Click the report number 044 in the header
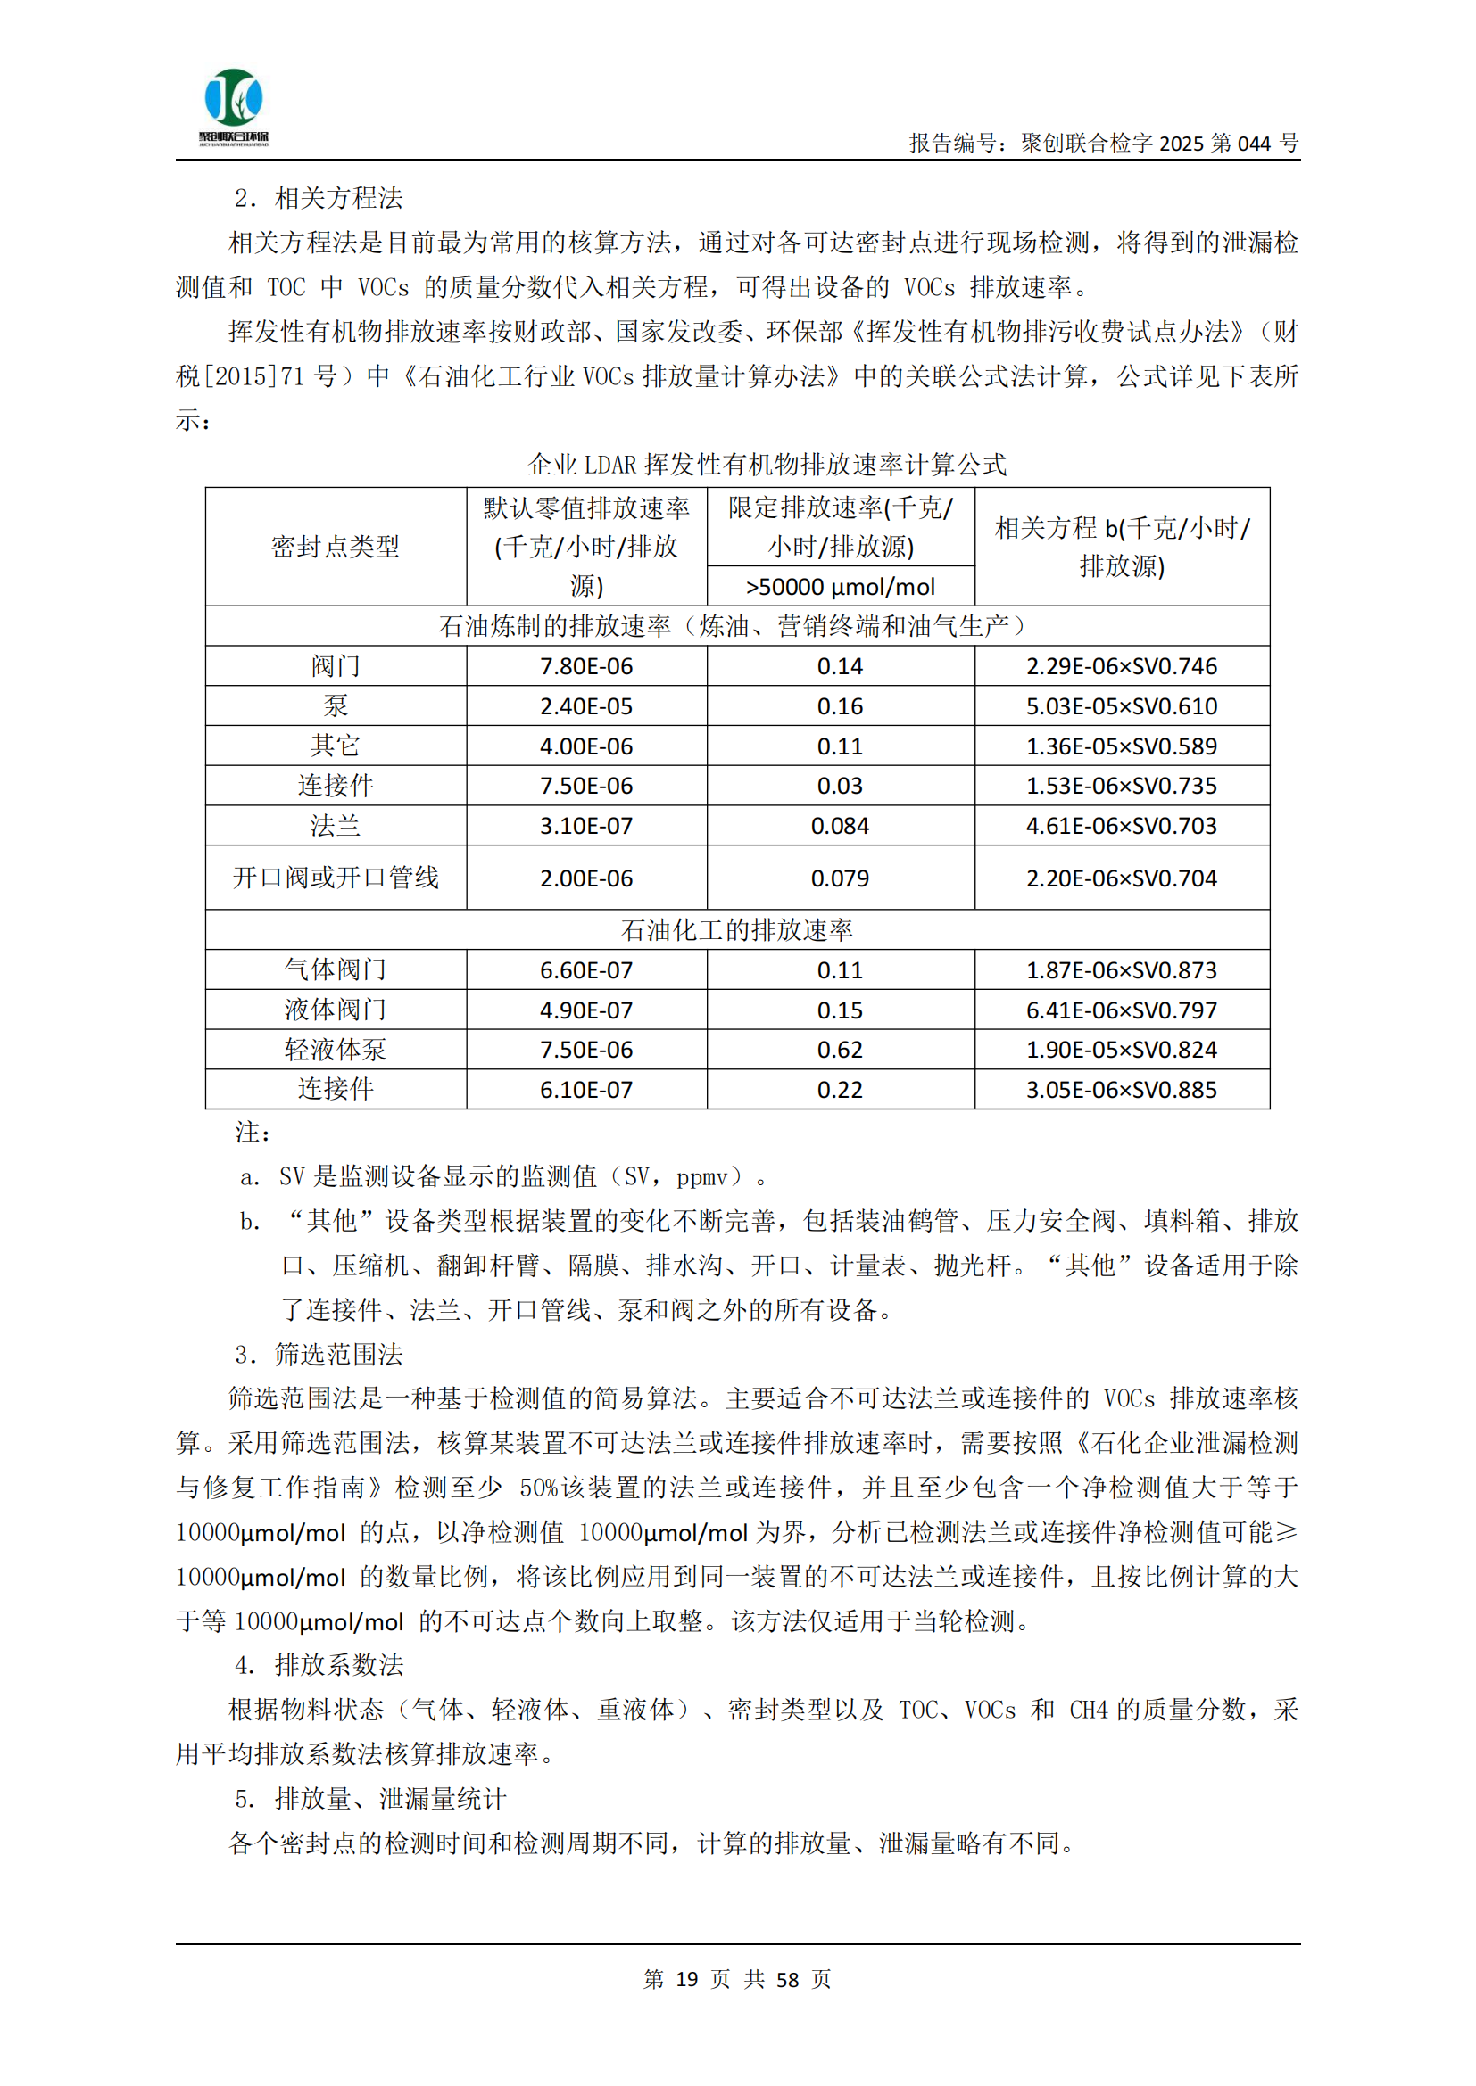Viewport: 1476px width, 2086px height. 1253,144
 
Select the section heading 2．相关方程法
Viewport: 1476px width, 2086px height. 318,198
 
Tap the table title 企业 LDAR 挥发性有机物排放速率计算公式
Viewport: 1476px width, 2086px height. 767,465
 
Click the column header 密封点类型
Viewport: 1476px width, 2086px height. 336,546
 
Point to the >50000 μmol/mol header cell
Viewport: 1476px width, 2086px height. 840,587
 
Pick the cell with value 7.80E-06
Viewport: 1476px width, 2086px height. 586,666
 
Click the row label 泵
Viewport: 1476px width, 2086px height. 336,706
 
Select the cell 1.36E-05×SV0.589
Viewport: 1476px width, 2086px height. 1122,746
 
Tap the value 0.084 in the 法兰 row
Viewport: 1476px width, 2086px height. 840,826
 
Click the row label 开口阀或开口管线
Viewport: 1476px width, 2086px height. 336,878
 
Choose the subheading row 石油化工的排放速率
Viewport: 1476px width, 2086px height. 737,929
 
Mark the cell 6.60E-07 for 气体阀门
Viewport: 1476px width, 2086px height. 586,970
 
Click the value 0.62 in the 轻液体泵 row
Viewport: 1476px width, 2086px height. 840,1050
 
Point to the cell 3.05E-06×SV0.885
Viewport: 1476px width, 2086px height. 1122,1089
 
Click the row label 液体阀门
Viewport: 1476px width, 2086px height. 336,1010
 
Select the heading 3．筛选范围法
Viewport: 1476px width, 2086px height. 318,1355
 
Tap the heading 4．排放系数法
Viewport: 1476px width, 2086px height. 318,1665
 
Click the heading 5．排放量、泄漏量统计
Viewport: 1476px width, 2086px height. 370,1799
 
